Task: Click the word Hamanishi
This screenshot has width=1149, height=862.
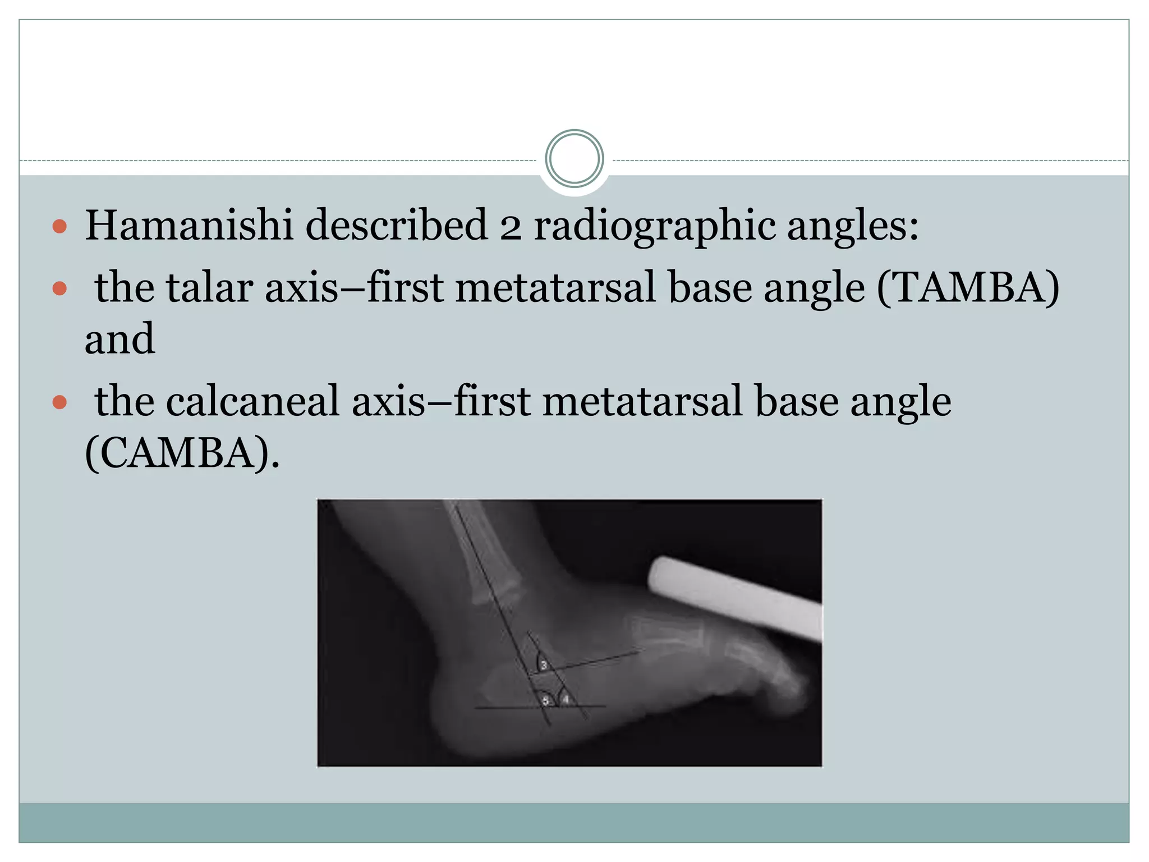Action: [x=189, y=226]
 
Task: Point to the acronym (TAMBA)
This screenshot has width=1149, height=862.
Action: [x=968, y=288]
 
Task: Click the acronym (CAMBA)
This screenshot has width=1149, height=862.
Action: [x=181, y=453]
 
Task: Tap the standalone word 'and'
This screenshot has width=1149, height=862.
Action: [x=120, y=340]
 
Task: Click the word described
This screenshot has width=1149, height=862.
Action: [x=396, y=226]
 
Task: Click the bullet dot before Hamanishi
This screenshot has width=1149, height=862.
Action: [x=59, y=227]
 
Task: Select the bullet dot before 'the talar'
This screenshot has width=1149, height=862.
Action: [x=59, y=289]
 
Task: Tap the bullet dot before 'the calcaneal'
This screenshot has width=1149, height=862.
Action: [x=59, y=402]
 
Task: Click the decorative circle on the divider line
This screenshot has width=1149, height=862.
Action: [x=574, y=159]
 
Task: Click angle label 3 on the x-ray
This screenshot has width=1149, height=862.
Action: [x=543, y=666]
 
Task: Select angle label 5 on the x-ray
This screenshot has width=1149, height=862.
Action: [x=545, y=701]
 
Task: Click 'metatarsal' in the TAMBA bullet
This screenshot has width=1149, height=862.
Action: [x=555, y=288]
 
